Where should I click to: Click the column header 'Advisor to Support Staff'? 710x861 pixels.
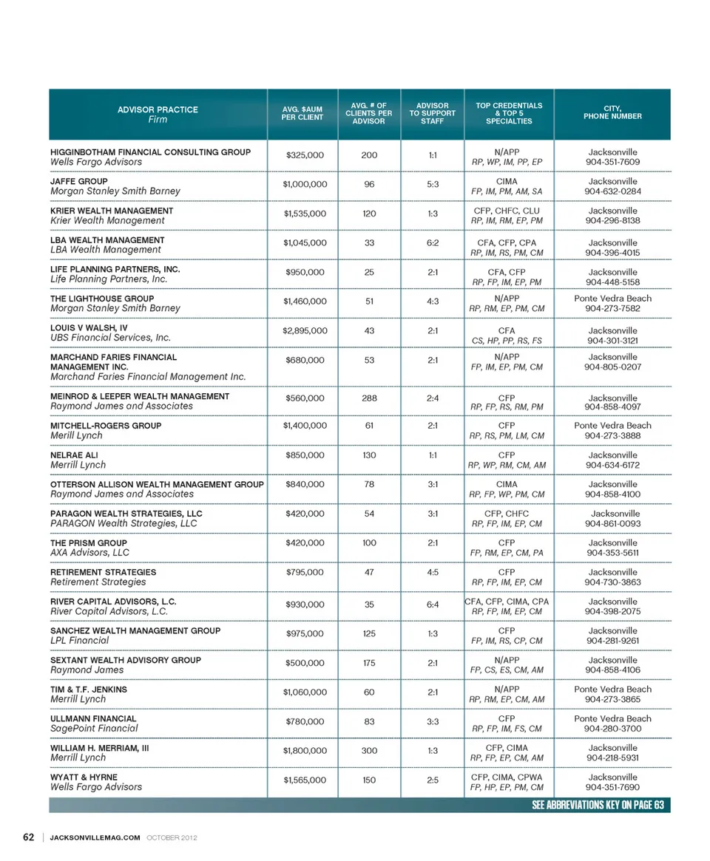click(432, 114)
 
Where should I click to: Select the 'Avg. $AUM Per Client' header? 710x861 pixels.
click(302, 114)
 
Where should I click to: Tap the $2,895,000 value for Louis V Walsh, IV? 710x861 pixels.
click(305, 330)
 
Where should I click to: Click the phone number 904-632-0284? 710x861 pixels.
click(612, 191)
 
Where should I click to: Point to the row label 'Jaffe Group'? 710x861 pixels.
click(79, 181)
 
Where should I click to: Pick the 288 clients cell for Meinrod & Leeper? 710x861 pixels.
click(369, 398)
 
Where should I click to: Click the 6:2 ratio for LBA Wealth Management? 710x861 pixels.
click(433, 242)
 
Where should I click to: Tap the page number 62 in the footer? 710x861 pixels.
click(29, 837)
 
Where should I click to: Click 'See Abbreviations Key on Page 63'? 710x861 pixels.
click(598, 806)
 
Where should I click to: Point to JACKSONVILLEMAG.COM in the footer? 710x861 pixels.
click(95, 837)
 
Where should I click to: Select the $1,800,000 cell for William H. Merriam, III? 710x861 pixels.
click(305, 750)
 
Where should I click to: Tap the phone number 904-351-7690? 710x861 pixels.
click(612, 787)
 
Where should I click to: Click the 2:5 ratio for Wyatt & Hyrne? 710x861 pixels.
click(433, 780)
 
